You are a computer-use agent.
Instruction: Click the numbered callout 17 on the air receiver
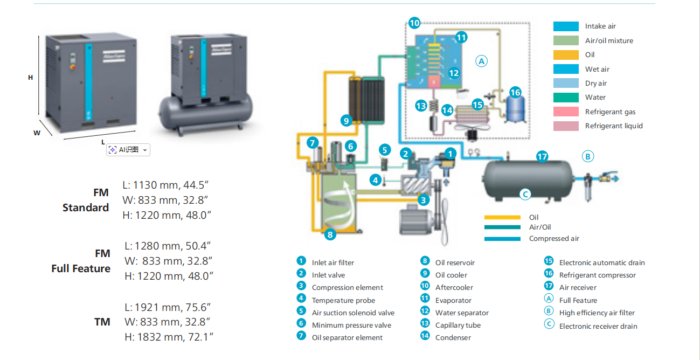(542, 157)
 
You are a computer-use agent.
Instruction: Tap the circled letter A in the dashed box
(481, 61)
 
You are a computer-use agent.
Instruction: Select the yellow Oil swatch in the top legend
(566, 55)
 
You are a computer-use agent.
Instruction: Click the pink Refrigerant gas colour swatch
(566, 112)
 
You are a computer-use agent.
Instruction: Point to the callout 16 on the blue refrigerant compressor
(515, 92)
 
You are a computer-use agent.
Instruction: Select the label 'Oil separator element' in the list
(347, 338)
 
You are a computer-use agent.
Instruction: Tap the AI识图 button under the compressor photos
(128, 150)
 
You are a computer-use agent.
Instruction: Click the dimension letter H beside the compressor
(31, 78)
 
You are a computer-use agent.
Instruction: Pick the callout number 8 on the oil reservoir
(330, 234)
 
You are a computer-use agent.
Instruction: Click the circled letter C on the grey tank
(525, 194)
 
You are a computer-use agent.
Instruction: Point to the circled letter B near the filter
(588, 157)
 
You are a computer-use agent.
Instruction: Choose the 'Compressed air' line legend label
(554, 238)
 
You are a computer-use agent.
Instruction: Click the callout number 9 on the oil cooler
(346, 121)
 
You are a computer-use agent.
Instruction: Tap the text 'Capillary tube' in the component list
(458, 326)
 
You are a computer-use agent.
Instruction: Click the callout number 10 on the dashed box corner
(414, 23)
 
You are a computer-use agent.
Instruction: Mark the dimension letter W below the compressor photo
(37, 133)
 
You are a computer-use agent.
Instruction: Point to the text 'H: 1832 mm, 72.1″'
(169, 337)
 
